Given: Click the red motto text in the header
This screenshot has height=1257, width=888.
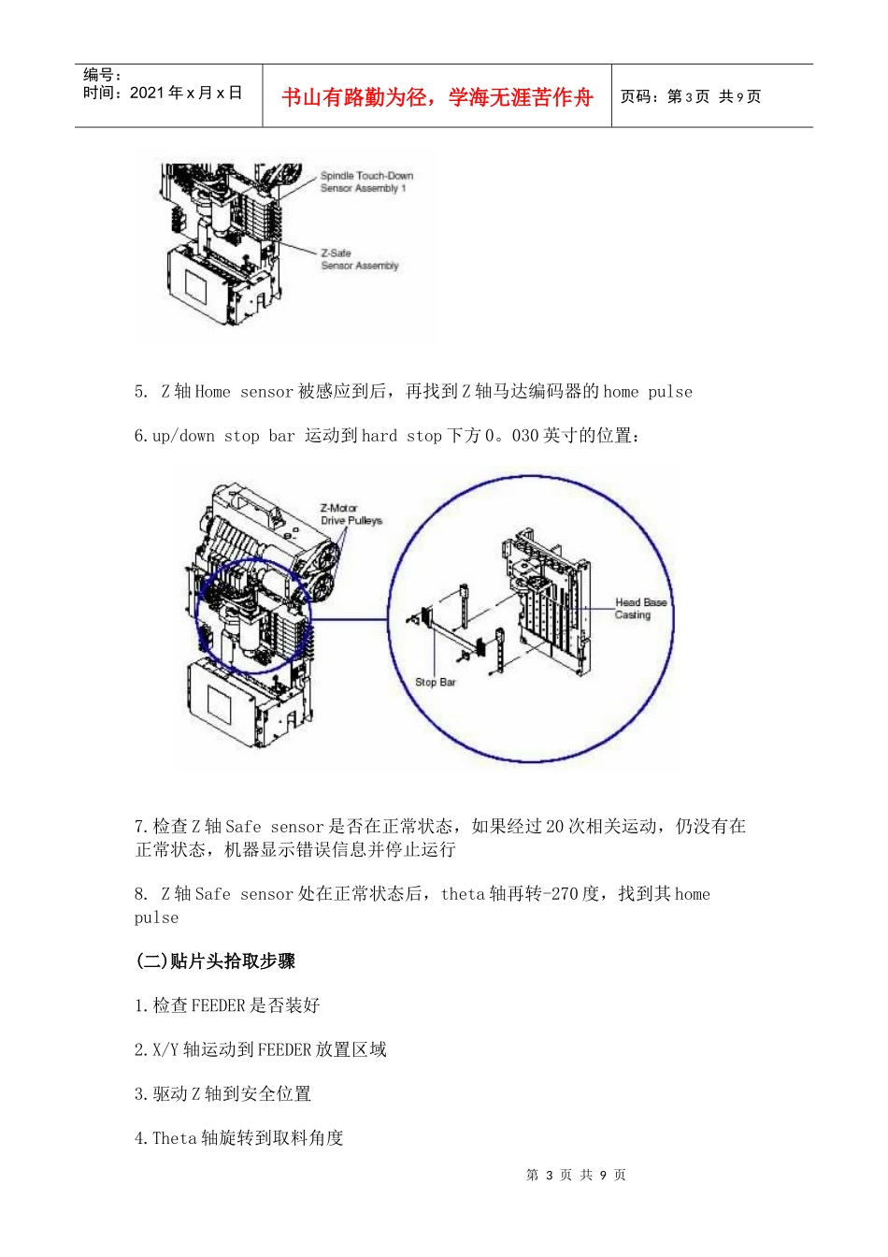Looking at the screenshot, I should point(437,97).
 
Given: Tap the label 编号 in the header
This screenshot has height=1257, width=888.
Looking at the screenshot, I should point(101,75).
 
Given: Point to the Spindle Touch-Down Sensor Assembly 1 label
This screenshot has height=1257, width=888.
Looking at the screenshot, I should point(365,181).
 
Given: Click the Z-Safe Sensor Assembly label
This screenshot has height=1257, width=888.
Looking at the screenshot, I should point(359,259).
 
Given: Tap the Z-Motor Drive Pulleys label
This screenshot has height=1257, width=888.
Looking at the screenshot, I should point(351,514).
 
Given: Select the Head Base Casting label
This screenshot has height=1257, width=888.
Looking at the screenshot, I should point(640,609).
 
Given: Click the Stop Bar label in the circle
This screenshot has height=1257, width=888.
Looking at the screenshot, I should point(435,682).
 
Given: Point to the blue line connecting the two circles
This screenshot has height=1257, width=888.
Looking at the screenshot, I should point(350,619).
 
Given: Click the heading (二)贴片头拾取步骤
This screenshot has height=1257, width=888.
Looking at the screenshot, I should point(216,961).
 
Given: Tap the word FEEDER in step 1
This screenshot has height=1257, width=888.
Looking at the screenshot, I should point(218,1005).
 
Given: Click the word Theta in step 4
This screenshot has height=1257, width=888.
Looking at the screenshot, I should point(175,1138).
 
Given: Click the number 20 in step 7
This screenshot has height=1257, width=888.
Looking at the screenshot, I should point(554,826).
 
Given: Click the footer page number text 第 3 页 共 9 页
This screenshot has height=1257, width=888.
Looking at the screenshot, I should point(576,1175).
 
